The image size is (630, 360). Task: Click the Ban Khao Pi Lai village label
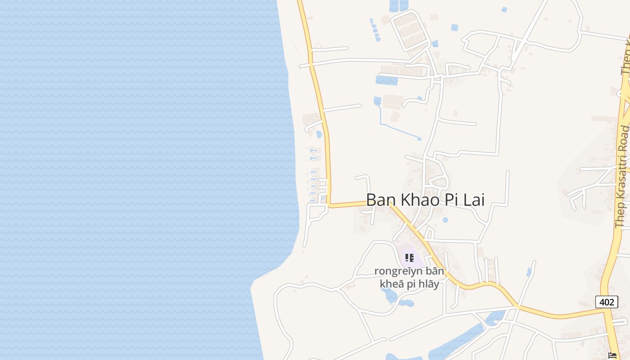[x=425, y=200]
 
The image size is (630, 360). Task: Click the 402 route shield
[x=606, y=302]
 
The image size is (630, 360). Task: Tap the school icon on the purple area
[x=409, y=258]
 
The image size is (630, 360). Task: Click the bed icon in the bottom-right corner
[x=612, y=355]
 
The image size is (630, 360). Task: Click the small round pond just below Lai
[x=445, y=220]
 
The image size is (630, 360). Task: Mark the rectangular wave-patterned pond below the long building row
[x=386, y=81]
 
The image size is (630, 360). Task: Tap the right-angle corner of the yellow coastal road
[x=329, y=205]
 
